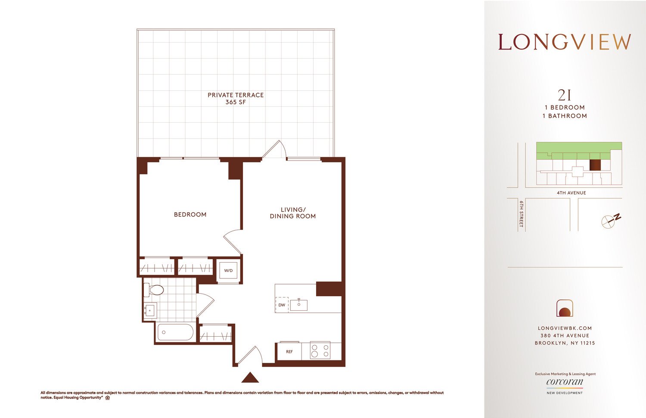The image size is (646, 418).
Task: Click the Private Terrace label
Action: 236,95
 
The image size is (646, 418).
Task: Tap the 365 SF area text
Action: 236,102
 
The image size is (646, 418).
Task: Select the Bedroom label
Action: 190,214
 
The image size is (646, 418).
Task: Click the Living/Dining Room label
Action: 293,213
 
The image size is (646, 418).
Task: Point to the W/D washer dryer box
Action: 228,271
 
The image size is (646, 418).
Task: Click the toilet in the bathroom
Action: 154,290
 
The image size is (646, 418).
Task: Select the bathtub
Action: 176,332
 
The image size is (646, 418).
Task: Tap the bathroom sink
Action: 150,310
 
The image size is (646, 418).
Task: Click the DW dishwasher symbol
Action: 282,305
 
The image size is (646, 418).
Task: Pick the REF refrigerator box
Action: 289,352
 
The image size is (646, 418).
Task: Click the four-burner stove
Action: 320,351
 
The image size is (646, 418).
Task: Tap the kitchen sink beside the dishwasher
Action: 299,305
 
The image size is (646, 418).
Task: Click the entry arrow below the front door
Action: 250,378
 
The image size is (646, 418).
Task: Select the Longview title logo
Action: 564,42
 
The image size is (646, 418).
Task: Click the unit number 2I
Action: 564,95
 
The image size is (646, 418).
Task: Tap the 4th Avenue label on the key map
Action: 571,193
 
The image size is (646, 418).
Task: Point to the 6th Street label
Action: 521,214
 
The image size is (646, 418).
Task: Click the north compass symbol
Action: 610,220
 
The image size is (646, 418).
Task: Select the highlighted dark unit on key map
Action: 595,165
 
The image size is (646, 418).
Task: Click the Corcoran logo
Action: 565,382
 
